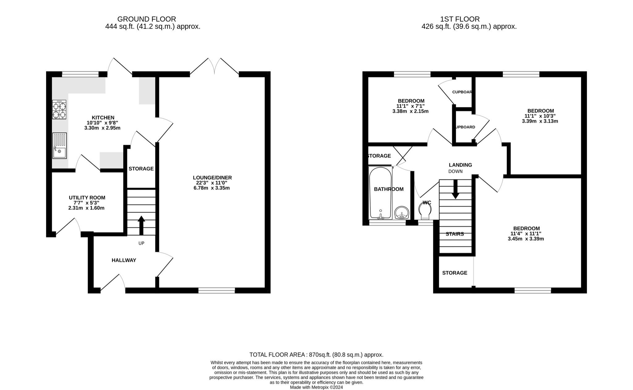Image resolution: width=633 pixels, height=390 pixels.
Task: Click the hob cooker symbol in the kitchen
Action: (59, 109)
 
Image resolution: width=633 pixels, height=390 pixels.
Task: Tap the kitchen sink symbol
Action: (59, 145)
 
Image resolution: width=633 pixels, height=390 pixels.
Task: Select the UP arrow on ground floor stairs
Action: (141, 225)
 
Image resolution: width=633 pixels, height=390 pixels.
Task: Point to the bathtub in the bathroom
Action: (380, 193)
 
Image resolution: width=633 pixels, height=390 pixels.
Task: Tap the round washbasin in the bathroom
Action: (402, 213)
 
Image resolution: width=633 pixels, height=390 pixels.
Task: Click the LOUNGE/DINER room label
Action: (212, 178)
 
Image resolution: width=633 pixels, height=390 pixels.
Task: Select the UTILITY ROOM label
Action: (87, 198)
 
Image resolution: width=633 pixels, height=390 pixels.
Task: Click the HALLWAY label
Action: (124, 260)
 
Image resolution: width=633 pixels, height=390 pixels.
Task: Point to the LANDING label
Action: (460, 165)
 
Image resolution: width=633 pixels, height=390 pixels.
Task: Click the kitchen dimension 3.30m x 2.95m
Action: (102, 128)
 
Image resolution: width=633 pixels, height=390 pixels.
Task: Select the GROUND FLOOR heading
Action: (147, 19)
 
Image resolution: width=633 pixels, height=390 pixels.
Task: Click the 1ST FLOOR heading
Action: (460, 19)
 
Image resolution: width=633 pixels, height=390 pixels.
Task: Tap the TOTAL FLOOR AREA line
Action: (316, 355)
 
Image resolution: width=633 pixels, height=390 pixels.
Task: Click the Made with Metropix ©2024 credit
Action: (316, 387)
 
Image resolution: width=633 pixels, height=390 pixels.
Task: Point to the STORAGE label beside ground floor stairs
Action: (141, 169)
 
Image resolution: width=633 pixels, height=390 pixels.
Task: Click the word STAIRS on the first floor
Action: (455, 234)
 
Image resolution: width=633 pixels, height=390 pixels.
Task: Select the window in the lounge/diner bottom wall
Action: (216, 290)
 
